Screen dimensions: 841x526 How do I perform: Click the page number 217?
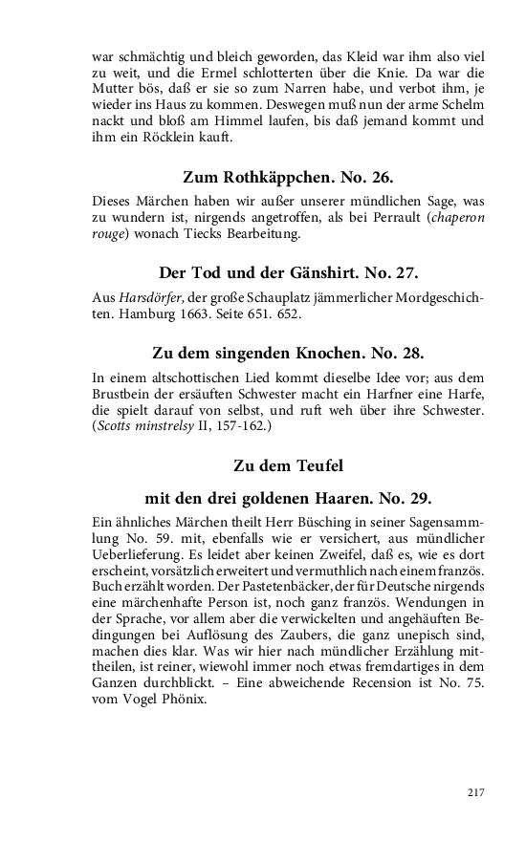pyautogui.click(x=476, y=791)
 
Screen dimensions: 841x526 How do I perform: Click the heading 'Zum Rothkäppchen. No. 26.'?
pyautogui.click(x=288, y=177)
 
